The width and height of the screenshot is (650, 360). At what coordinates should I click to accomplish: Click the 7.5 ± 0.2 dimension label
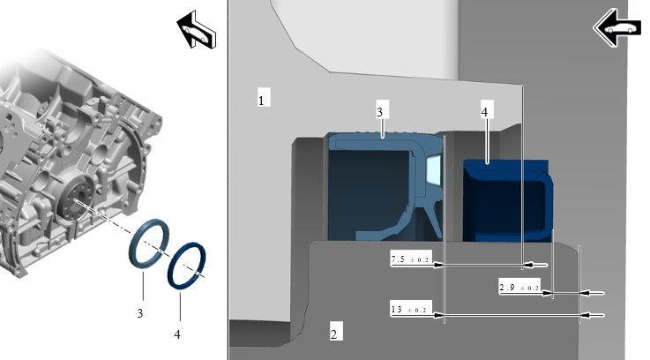tap(410, 260)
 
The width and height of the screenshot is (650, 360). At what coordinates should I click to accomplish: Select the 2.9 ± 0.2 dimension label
tap(520, 288)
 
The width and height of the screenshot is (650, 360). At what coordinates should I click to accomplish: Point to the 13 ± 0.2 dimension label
tap(410, 310)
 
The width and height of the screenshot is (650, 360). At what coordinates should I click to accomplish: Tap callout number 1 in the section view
tap(261, 99)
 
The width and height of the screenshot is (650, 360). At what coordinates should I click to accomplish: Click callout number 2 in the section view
tap(333, 333)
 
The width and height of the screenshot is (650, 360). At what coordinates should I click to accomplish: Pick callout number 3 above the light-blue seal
tap(379, 112)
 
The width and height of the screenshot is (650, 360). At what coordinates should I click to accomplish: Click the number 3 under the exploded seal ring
tap(141, 311)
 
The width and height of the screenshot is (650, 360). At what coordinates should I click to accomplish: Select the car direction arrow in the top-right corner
tap(616, 27)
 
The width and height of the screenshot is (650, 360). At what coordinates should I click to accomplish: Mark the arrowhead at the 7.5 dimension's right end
tap(527, 264)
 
